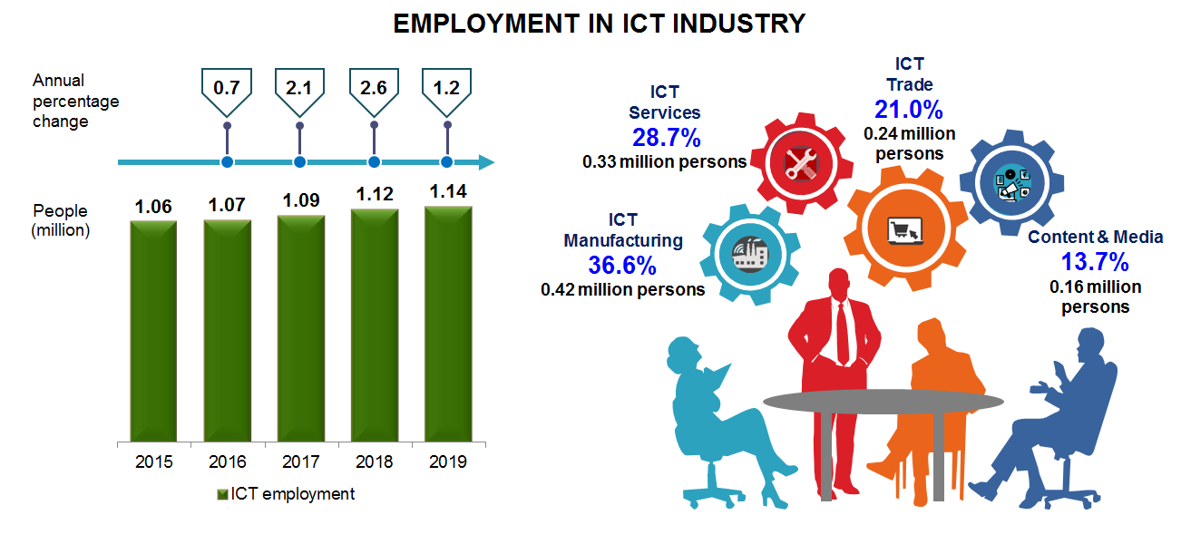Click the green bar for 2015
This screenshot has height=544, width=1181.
pos(153,330)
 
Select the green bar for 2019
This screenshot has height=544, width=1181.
pos(448,325)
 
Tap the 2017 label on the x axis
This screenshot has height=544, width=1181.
pos(300,462)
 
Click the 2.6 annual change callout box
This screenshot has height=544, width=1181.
pos(374,88)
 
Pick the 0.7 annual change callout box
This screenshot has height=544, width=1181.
pos(226,88)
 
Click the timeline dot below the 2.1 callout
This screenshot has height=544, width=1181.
pos(300,162)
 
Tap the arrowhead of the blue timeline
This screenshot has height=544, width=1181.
pos(486,162)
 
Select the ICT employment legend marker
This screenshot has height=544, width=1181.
pos(223,495)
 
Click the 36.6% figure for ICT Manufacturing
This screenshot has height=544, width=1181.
pos(622,266)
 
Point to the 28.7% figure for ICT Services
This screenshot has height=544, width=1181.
pos(666,138)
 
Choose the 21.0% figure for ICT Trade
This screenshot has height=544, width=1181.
pos(909,110)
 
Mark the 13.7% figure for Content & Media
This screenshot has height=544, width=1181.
pos(1095,262)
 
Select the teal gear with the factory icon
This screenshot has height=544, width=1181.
pos(748,253)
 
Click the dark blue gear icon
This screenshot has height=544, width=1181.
pos(1012,182)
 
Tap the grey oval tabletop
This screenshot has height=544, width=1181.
pos(883,400)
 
